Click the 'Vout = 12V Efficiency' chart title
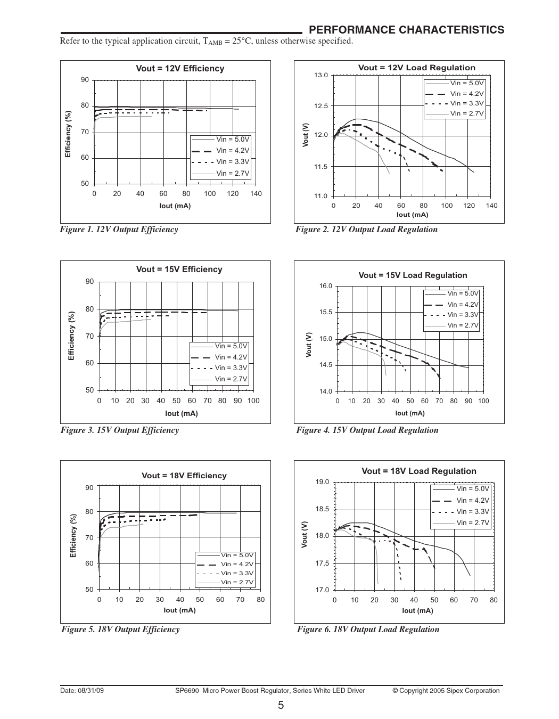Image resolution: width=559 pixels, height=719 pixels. click(180, 69)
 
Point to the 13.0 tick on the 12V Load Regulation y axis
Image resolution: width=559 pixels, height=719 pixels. click(322, 75)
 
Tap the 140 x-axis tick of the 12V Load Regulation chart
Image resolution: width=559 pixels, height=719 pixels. click(491, 206)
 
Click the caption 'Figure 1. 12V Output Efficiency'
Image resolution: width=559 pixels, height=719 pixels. click(119, 230)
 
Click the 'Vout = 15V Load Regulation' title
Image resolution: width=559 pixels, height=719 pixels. click(413, 275)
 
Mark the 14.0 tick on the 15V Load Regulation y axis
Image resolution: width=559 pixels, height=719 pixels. click(325, 391)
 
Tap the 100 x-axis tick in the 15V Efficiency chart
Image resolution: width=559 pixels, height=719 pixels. click(253, 401)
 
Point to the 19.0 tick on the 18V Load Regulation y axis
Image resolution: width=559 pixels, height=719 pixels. click(323, 483)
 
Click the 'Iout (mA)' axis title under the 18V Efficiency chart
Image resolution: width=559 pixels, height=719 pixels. click(179, 610)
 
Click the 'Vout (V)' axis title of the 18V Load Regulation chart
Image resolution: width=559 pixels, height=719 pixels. click(305, 535)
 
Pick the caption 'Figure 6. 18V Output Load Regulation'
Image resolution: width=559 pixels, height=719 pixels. click(368, 630)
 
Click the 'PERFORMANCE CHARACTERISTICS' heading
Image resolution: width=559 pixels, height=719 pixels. click(406, 30)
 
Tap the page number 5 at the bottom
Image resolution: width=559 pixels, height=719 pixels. click(280, 706)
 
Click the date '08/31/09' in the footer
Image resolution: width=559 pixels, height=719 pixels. click(93, 691)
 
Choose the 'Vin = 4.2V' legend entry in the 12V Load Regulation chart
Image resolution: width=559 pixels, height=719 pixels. click(466, 93)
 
